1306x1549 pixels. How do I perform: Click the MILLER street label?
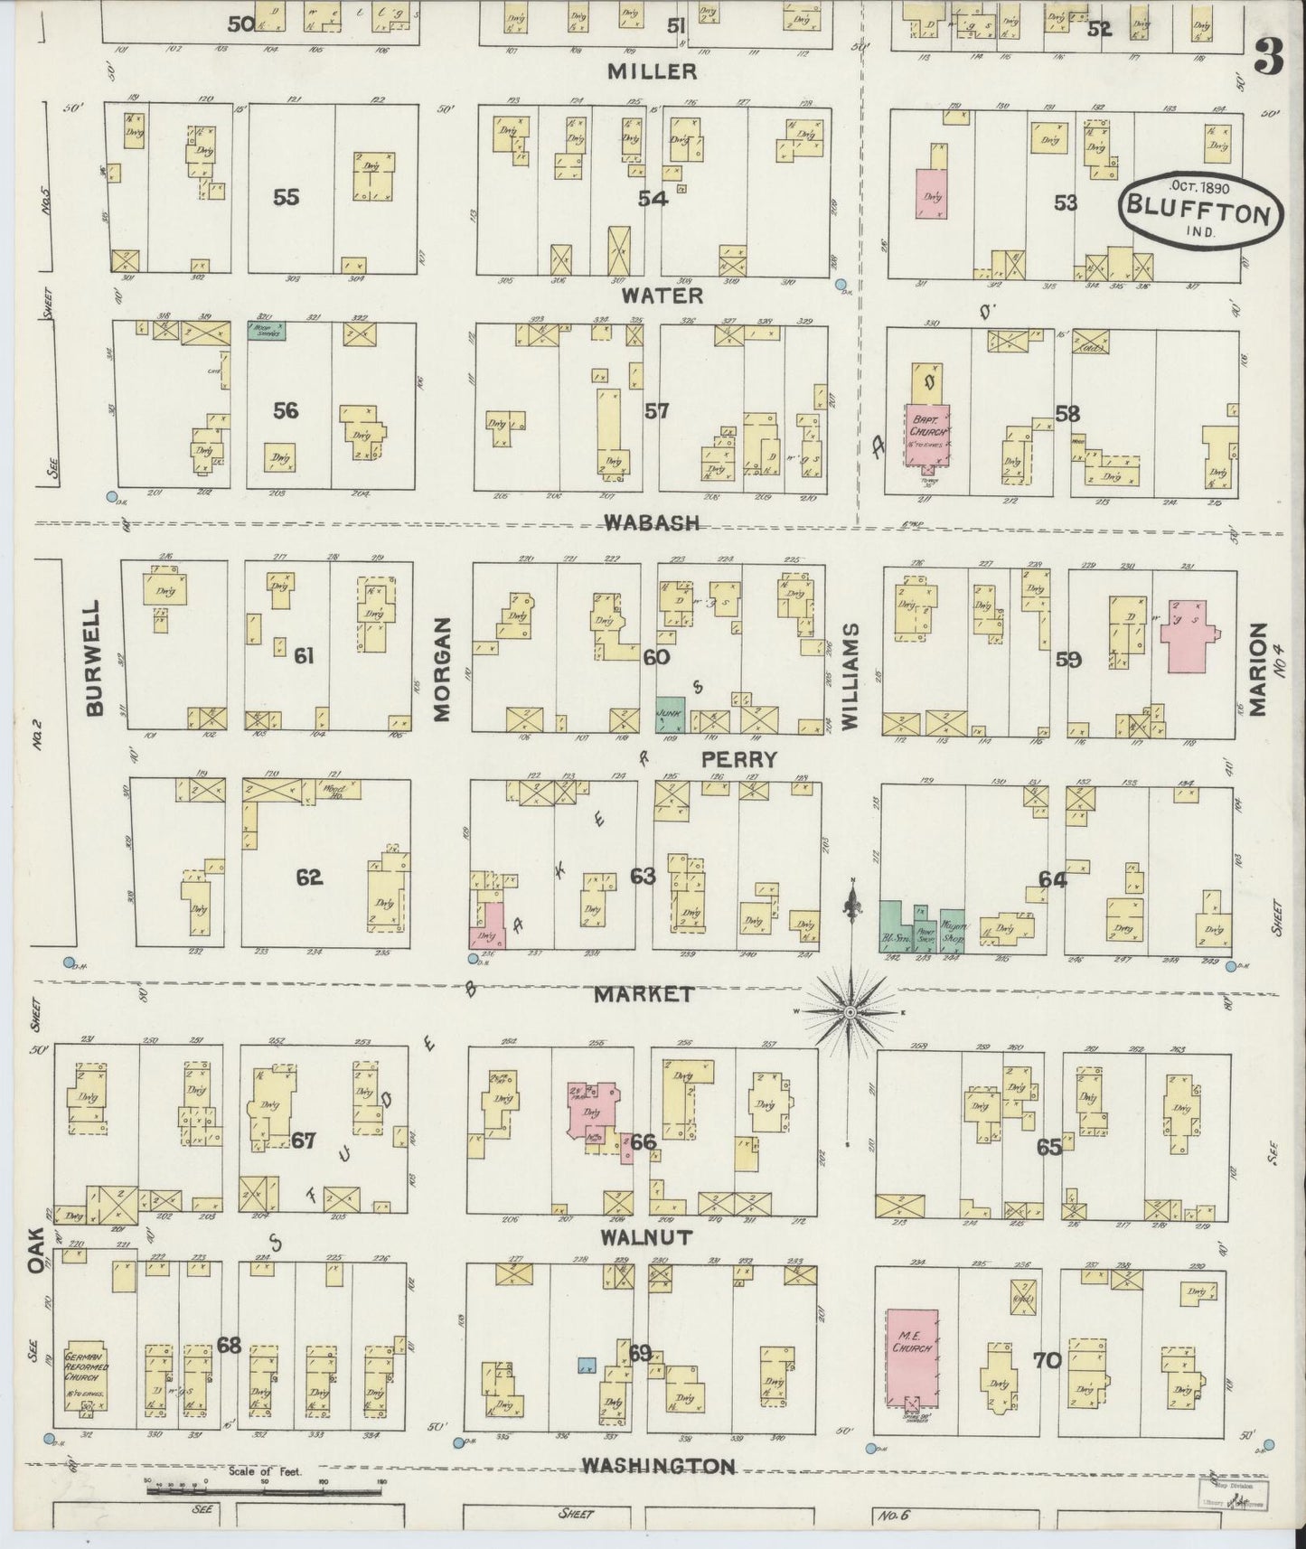pos(657,71)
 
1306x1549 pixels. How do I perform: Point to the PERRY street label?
pos(738,759)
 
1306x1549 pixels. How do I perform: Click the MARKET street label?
pos(644,994)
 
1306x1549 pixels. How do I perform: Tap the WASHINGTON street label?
pos(657,1465)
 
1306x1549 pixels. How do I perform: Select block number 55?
pos(286,197)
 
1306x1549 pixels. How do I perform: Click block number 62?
pos(309,877)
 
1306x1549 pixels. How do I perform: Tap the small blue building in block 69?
pos(587,1366)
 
